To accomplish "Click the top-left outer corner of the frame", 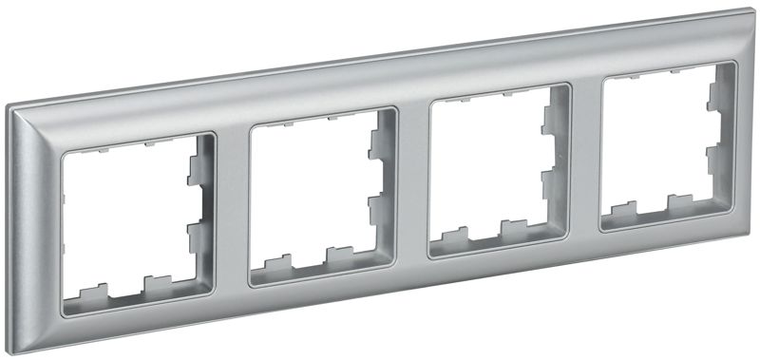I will point(11,107).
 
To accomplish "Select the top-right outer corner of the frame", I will point(750,11).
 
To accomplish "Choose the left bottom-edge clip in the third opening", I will point(454,235).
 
